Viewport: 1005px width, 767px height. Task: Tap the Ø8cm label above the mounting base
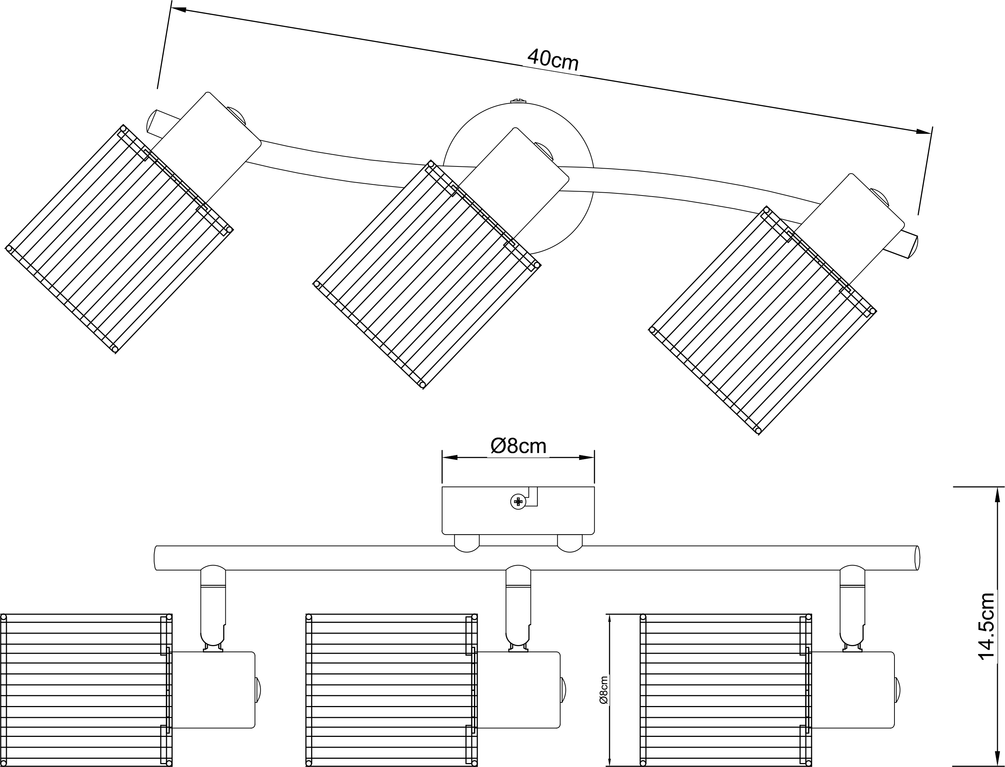click(519, 446)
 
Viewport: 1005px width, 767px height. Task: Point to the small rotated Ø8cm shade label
click(604, 690)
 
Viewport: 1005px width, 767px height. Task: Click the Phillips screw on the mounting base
click(518, 502)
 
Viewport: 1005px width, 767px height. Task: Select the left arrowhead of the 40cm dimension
click(178, 9)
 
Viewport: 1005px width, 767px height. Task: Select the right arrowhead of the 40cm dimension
click(923, 132)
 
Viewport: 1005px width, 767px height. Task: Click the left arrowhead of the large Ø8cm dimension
click(450, 457)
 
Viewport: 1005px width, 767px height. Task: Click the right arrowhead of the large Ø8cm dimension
click(586, 457)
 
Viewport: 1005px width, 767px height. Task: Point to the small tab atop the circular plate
click(518, 101)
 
